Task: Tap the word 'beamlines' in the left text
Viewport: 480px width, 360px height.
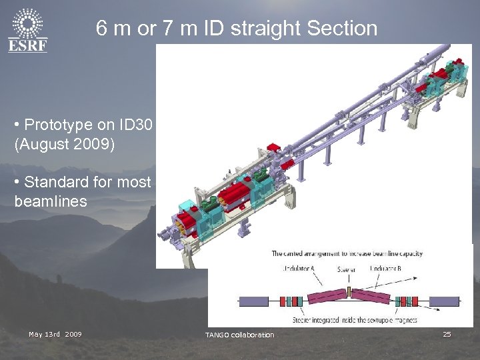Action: [51, 201]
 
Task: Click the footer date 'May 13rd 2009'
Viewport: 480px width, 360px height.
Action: [55, 334]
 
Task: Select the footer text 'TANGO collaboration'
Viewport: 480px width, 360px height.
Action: [239, 335]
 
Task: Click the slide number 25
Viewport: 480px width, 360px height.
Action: [447, 334]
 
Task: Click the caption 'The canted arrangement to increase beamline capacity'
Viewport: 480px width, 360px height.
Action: [347, 253]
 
